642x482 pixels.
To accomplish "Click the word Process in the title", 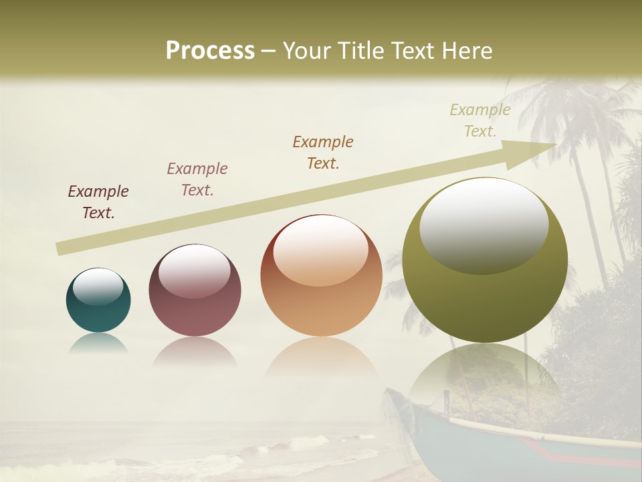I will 210,51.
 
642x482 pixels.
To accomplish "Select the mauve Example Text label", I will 197,179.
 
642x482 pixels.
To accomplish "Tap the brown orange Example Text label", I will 323,152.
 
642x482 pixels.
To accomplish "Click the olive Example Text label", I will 480,120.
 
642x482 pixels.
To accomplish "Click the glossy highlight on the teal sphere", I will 98,287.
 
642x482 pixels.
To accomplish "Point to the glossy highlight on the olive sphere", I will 484,224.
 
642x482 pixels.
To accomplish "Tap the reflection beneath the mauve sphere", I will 195,351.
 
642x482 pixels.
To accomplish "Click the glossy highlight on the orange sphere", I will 321,251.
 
